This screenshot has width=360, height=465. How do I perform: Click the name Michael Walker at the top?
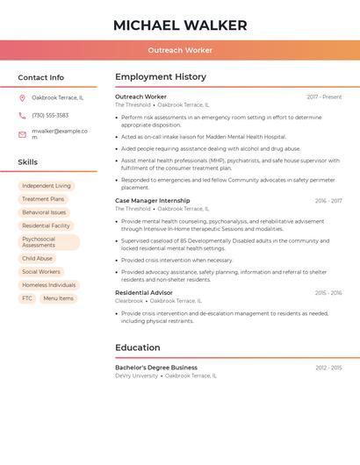click(180, 25)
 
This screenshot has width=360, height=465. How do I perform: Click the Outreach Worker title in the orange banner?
click(180, 50)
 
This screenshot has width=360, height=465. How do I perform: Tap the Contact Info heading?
click(40, 77)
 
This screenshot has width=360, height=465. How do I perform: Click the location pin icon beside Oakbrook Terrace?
click(22, 97)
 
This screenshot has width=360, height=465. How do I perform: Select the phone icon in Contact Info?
click(22, 115)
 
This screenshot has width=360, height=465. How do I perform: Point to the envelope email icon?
click(22, 134)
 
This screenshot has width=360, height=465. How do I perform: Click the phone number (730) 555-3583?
click(50, 115)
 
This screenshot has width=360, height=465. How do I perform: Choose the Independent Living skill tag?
click(47, 186)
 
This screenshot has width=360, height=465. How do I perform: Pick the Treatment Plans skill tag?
click(43, 199)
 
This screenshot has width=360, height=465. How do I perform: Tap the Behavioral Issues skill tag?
click(44, 212)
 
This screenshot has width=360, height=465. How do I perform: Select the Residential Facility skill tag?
click(46, 225)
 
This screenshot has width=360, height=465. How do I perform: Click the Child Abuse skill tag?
click(38, 259)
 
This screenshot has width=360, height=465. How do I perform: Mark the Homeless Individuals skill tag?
click(49, 285)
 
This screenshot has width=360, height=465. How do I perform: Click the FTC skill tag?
click(27, 298)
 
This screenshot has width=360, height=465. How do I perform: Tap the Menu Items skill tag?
click(58, 298)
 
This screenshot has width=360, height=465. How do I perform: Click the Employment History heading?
click(161, 77)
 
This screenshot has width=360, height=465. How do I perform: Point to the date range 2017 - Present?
click(324, 97)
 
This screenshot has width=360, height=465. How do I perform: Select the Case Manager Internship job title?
click(152, 200)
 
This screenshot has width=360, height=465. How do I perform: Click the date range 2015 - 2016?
click(328, 292)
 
